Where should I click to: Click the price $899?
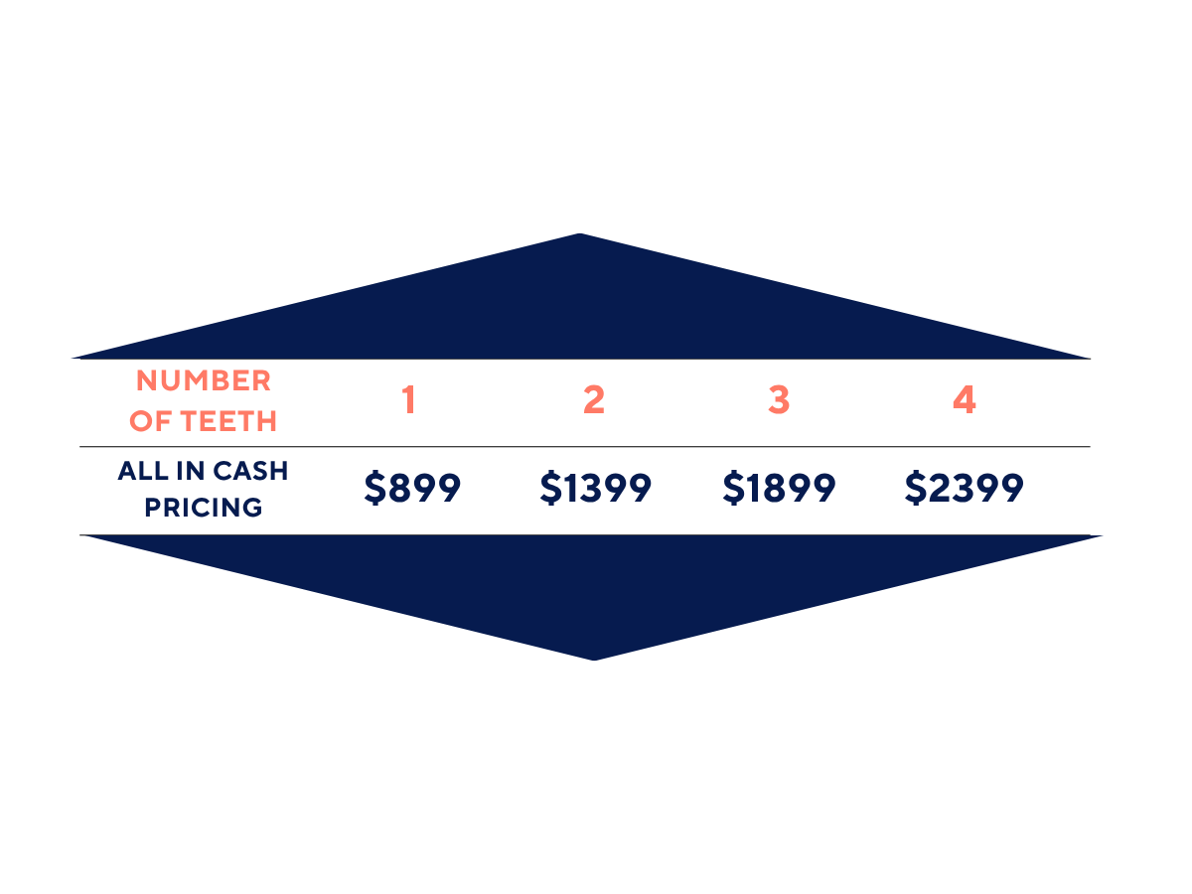pyautogui.click(x=412, y=488)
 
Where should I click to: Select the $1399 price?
pyautogui.click(x=595, y=488)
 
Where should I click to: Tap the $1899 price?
pyautogui.click(x=779, y=488)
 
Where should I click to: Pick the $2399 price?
pyautogui.click(x=964, y=488)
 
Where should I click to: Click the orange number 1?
pyautogui.click(x=409, y=399)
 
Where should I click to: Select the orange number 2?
pyautogui.click(x=594, y=399)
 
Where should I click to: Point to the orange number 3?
pyautogui.click(x=779, y=399)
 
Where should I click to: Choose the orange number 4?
pyautogui.click(x=964, y=399)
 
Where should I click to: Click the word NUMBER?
pyautogui.click(x=203, y=380)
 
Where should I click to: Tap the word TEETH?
pyautogui.click(x=228, y=421)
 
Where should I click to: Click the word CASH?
pyautogui.click(x=250, y=471)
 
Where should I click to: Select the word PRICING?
pyautogui.click(x=203, y=508)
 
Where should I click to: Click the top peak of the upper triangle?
pyautogui.click(x=579, y=234)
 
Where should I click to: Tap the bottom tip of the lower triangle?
pyautogui.click(x=594, y=660)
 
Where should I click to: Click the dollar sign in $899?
pyautogui.click(x=374, y=488)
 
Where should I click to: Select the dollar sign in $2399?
pyautogui.click(x=916, y=488)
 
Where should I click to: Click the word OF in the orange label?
pyautogui.click(x=150, y=421)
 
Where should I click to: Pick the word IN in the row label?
pyautogui.click(x=190, y=471)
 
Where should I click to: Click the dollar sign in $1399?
pyautogui.click(x=550, y=488)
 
